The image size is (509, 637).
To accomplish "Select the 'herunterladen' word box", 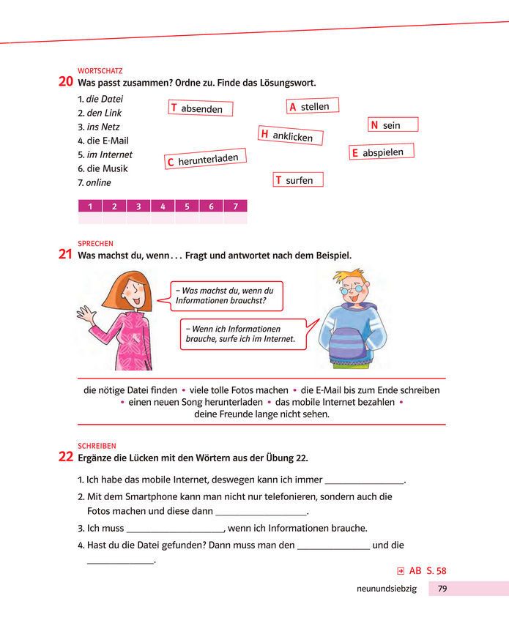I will [205, 158].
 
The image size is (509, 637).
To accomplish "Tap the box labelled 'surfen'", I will [298, 180].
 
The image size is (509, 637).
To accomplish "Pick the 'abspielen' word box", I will [382, 152].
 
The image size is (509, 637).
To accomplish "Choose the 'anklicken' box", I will [291, 135].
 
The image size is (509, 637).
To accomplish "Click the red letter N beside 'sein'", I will [374, 125].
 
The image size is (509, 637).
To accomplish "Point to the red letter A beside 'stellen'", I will [292, 107].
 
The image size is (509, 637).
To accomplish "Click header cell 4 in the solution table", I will [163, 206].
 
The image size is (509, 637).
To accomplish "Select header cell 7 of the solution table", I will [235, 206].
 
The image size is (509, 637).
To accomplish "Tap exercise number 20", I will [65, 82].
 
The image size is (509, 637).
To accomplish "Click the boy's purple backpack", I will [353, 344].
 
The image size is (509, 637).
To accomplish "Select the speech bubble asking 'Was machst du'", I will [225, 296].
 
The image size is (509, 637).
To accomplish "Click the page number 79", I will [442, 588].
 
